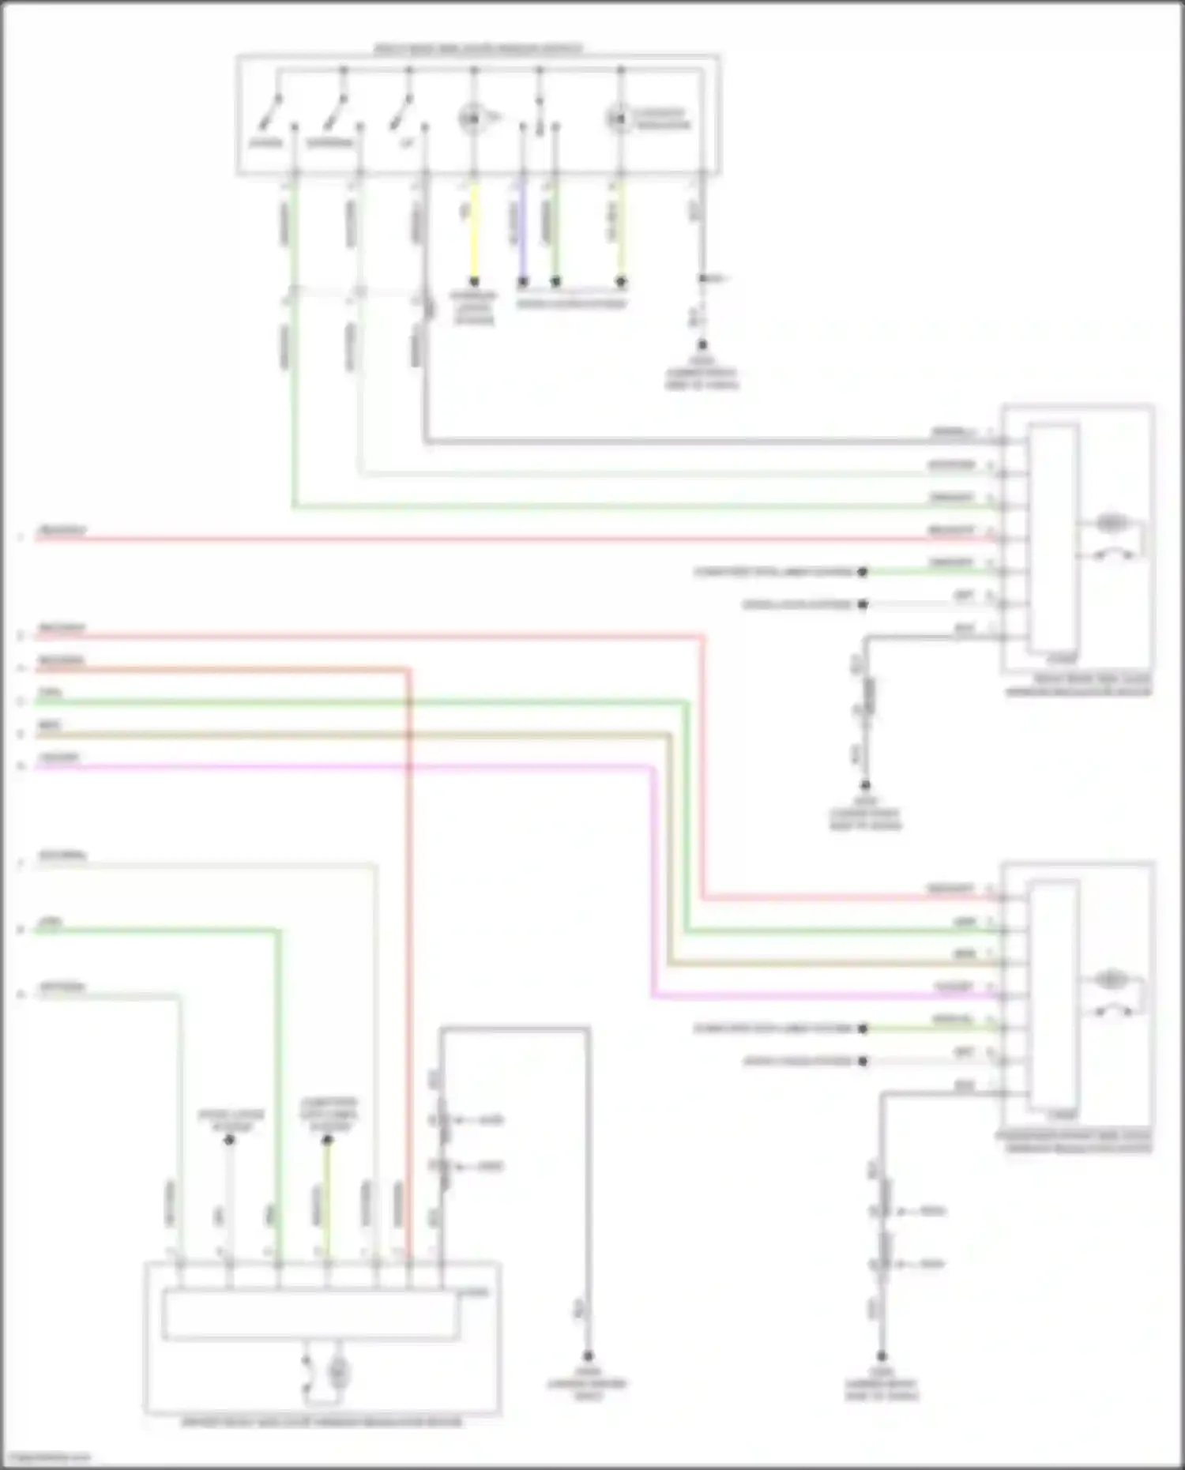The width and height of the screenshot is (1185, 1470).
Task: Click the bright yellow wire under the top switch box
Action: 474,233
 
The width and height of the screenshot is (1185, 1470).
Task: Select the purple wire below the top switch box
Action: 521,233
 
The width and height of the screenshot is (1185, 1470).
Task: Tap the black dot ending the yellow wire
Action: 474,282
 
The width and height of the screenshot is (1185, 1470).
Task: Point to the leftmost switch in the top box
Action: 269,115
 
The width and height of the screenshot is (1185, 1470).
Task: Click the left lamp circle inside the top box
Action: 470,119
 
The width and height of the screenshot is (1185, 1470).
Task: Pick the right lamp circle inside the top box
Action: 618,119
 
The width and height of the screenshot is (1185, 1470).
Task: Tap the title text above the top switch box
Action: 478,49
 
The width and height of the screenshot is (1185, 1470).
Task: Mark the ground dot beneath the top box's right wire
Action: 702,345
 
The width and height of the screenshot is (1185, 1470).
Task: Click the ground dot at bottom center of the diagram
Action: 588,1355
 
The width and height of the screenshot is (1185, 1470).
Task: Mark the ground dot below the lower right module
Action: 882,1355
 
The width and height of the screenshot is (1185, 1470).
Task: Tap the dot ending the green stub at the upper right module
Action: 863,572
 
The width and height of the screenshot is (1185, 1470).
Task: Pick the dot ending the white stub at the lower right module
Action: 863,1062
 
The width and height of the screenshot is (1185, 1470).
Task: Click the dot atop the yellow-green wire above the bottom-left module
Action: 327,1140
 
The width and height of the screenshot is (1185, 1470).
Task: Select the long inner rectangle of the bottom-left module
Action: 310,1315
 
